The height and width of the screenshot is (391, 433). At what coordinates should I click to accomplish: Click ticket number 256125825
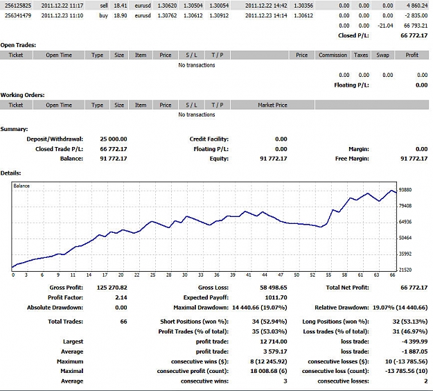click(x=18, y=6)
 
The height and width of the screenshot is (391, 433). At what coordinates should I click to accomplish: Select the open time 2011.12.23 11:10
click(x=62, y=15)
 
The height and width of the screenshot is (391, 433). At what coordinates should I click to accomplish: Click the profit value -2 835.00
click(x=416, y=15)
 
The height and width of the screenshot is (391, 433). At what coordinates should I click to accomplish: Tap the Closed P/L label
click(x=353, y=35)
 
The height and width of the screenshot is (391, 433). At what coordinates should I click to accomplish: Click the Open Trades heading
click(x=18, y=45)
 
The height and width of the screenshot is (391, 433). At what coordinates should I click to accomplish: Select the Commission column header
click(x=333, y=55)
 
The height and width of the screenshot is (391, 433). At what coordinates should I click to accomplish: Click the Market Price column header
click(x=272, y=105)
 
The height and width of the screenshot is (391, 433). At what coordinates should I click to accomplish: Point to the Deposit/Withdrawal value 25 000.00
click(x=114, y=139)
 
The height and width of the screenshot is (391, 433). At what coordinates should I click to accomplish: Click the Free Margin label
click(x=352, y=159)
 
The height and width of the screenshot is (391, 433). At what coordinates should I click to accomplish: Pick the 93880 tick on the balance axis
click(x=405, y=190)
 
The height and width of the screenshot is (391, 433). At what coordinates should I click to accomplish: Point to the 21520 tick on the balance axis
click(x=405, y=270)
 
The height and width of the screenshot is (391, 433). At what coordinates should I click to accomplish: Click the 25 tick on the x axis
click(x=152, y=275)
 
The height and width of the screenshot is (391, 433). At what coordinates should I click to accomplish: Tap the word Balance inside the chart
click(x=21, y=186)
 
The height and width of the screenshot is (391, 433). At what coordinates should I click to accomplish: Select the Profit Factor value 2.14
click(x=121, y=297)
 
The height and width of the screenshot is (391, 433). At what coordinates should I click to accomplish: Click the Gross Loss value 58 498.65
click(x=274, y=288)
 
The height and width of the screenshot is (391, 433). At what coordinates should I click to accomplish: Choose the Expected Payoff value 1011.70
click(x=276, y=297)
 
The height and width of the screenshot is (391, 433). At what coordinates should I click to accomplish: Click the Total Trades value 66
click(x=124, y=322)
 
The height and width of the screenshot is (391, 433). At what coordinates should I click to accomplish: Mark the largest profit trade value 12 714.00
click(x=274, y=342)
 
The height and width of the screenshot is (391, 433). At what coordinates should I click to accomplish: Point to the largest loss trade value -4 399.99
click(x=415, y=342)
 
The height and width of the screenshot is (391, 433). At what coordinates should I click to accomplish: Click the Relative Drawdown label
click(x=342, y=308)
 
